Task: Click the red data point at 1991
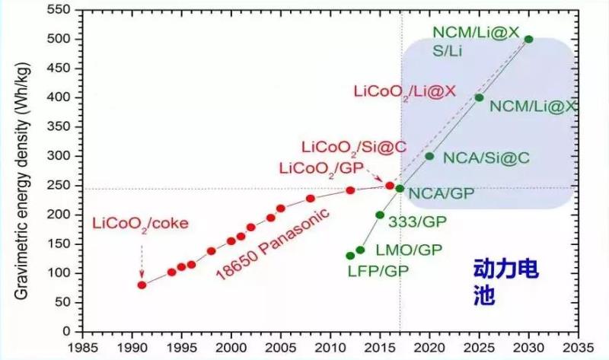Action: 142,285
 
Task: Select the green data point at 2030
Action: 528,39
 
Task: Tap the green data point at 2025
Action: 479,97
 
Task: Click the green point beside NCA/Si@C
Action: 429,156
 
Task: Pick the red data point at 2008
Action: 311,199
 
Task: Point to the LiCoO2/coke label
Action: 139,224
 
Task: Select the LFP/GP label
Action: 374,269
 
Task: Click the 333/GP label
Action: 416,222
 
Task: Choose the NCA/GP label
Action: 441,193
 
